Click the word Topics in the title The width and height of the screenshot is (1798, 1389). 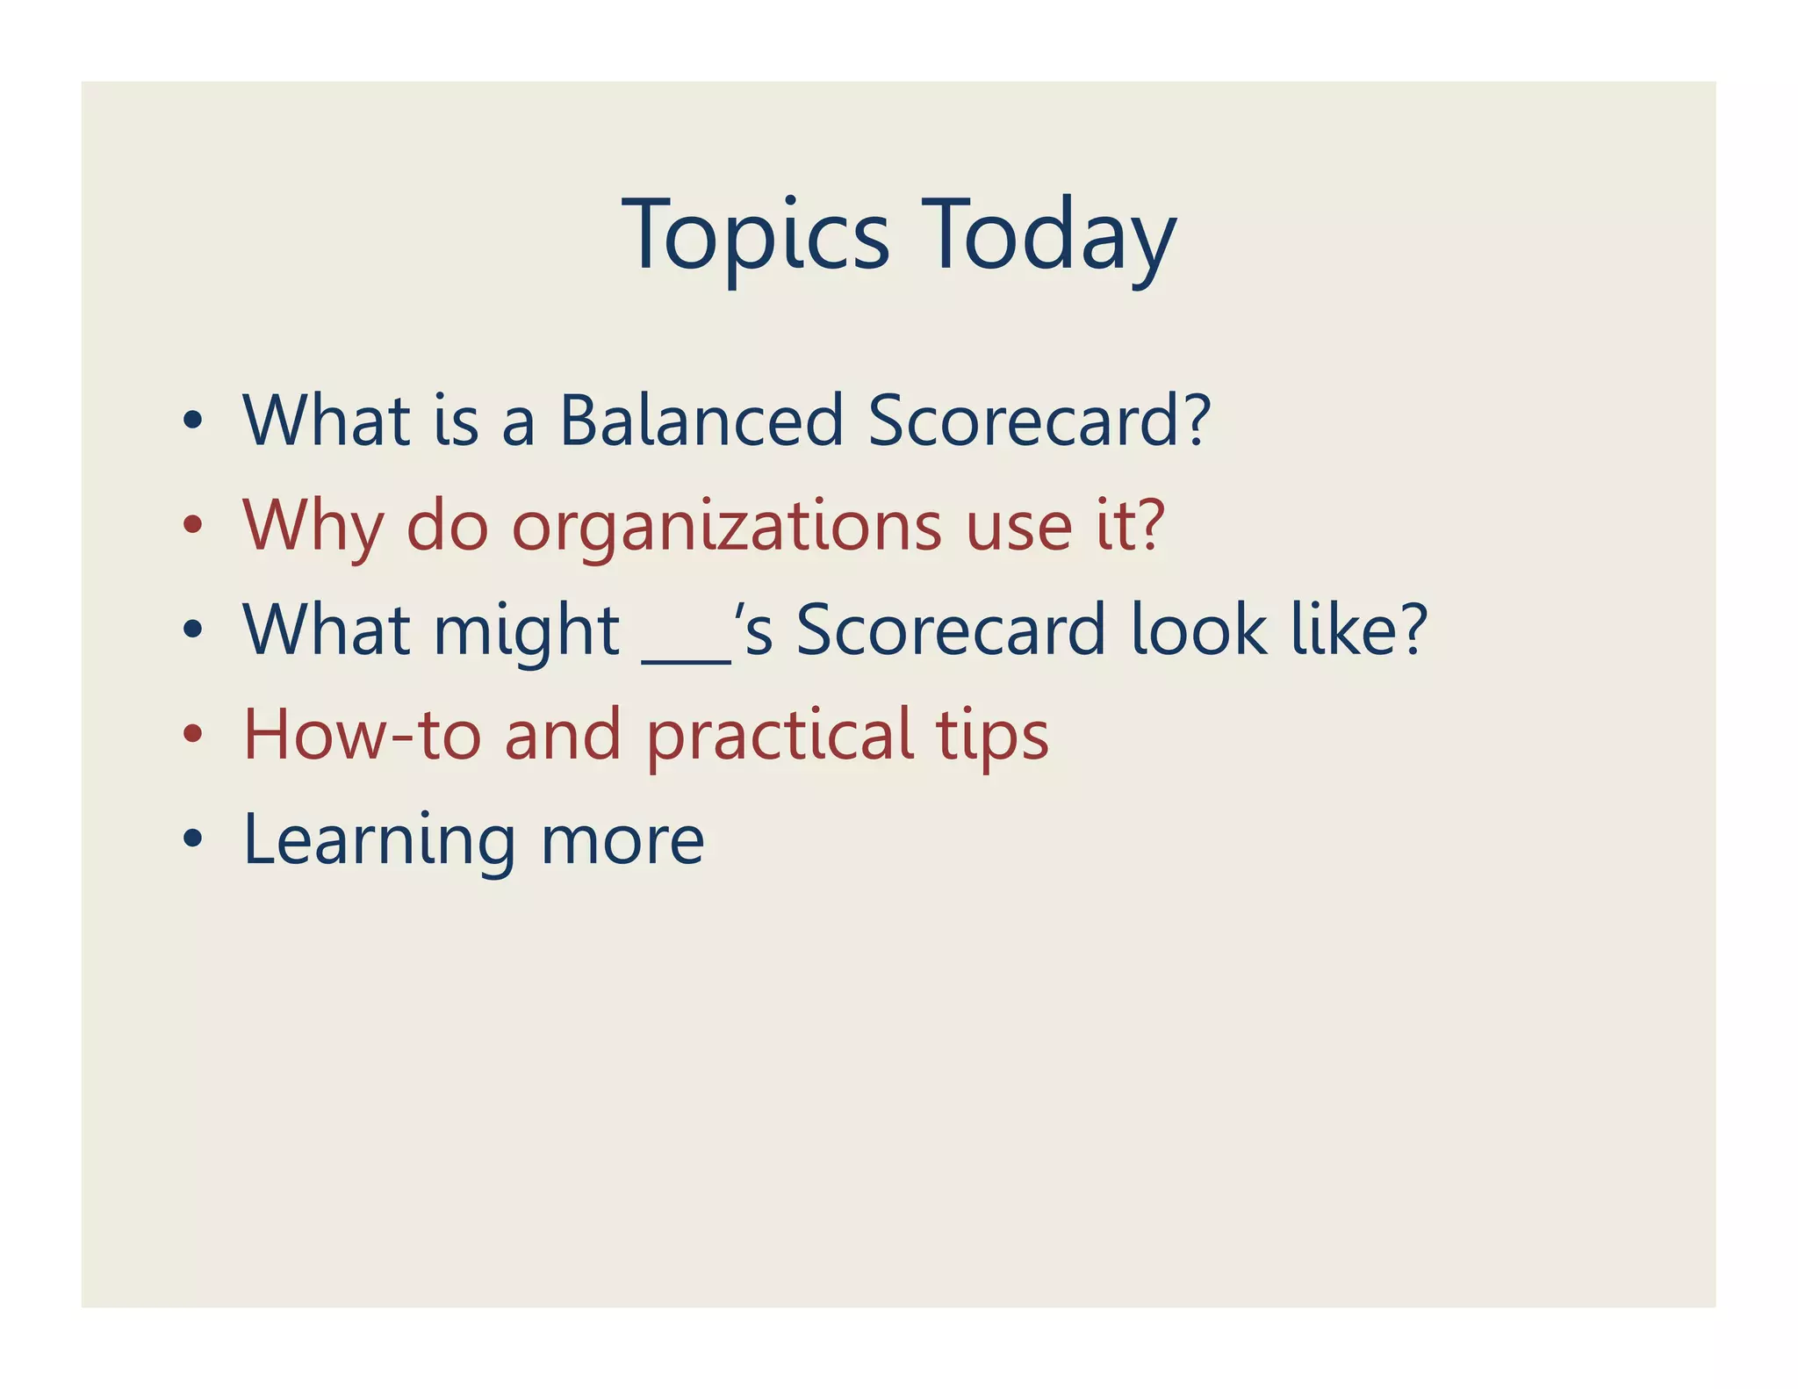pos(756,235)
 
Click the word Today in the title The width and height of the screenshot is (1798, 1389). pos(1048,235)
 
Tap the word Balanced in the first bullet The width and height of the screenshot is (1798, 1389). pos(701,421)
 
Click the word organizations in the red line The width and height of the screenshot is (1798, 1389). pos(726,527)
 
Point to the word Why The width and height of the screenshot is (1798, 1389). pos(313,527)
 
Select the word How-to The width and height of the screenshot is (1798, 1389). pos(361,735)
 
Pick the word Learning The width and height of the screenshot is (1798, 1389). pos(378,841)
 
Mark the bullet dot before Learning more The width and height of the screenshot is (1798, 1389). pos(193,839)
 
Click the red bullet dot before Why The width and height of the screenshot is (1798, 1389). pos(193,525)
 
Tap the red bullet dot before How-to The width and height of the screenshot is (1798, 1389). pos(193,734)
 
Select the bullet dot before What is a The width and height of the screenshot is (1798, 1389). pos(193,421)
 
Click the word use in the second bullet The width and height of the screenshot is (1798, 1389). pos(1018,527)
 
